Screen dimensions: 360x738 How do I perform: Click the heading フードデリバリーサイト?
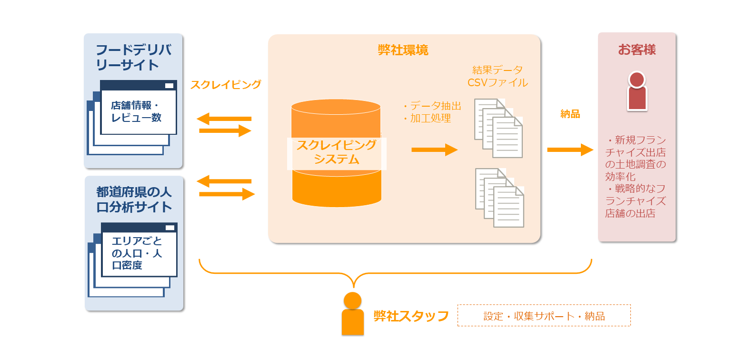(133, 57)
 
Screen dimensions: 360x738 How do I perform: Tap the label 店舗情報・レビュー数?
(137, 111)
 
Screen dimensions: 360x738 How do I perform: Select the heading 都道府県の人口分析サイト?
(134, 200)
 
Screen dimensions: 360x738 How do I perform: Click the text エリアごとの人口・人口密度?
(137, 253)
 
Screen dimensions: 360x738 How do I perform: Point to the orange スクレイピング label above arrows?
(226, 85)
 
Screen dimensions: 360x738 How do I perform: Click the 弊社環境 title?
(403, 50)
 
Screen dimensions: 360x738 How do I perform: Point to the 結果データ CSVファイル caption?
(498, 76)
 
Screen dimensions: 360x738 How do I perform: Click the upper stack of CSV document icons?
(499, 128)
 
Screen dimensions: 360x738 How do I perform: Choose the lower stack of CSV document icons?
(499, 197)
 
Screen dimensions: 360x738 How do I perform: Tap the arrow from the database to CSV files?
(434, 150)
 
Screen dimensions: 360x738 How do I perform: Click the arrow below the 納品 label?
(570, 150)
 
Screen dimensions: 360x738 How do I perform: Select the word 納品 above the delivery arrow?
(570, 114)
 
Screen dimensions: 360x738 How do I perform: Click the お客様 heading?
(637, 50)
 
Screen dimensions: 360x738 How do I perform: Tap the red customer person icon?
(637, 90)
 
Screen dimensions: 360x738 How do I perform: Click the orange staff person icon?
(352, 314)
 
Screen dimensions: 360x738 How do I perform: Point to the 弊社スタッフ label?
(411, 316)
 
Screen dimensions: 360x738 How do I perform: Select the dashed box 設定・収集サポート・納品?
(544, 316)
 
